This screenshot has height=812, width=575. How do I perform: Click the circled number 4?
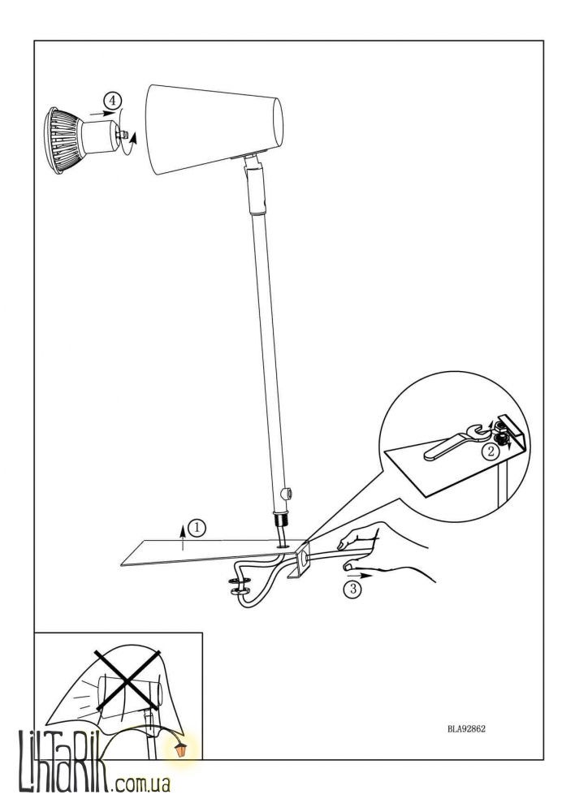110,99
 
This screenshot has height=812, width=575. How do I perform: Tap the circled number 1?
197,529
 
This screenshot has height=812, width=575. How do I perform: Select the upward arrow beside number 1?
184,534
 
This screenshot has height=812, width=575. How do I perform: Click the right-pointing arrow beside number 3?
360,575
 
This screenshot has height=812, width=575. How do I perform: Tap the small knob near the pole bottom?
285,493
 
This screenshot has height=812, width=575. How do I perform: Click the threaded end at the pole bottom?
279,520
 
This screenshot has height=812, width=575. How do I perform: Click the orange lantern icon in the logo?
181,749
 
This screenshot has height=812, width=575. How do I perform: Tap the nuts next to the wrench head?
500,434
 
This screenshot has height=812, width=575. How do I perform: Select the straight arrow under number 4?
98,112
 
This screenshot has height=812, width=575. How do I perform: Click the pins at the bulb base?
123,135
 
